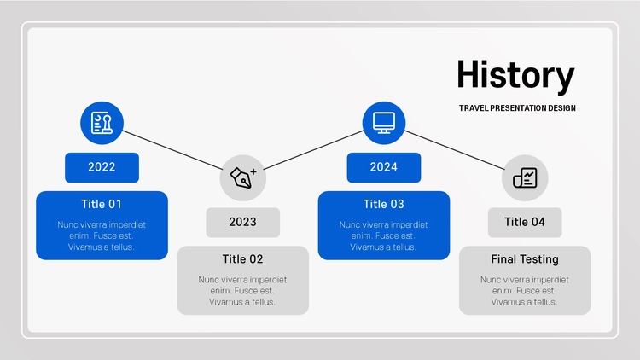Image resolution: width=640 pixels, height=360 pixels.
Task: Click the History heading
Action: click(x=515, y=76)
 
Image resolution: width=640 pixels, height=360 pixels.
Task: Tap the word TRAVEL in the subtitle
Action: click(x=474, y=108)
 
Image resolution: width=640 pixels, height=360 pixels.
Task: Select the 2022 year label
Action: click(x=102, y=167)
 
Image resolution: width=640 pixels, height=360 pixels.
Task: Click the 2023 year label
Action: click(x=243, y=223)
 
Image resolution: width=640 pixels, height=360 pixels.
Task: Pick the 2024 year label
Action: click(x=384, y=167)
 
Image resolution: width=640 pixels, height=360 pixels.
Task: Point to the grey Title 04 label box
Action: click(x=525, y=223)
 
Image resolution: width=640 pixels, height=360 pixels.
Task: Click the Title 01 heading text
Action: click(x=102, y=204)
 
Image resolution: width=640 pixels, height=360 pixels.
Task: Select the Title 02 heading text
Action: click(x=243, y=259)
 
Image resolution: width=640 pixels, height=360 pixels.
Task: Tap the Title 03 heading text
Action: click(x=384, y=204)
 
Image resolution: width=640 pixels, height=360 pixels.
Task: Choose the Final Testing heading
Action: click(x=525, y=259)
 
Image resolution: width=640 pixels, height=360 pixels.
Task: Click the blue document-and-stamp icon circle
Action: click(x=102, y=123)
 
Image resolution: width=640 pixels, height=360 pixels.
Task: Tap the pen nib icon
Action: click(x=243, y=178)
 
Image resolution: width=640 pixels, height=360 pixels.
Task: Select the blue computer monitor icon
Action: click(x=384, y=123)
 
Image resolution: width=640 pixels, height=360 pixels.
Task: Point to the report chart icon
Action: click(x=525, y=178)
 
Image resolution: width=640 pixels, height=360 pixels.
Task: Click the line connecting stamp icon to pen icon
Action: click(x=172, y=150)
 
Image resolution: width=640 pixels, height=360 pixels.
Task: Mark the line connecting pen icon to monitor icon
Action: click(x=313, y=150)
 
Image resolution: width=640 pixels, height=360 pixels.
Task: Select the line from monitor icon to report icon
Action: click(x=455, y=150)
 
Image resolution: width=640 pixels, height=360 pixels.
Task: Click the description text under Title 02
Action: click(x=243, y=291)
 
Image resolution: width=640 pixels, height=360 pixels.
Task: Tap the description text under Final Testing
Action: click(x=525, y=291)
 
